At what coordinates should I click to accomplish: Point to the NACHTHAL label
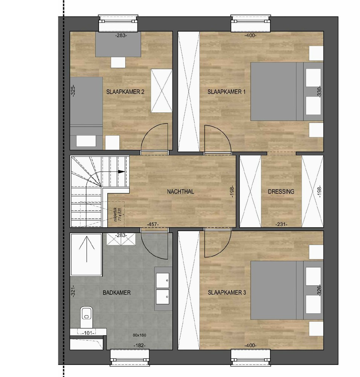point(180,192)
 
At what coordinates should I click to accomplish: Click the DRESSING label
point(281,192)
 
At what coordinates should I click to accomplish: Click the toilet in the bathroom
point(87,314)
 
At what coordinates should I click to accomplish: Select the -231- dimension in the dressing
point(281,224)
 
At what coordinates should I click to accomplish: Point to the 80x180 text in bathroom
point(139,335)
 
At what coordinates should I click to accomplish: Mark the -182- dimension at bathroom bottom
point(139,345)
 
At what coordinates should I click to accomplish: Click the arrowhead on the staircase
point(121,171)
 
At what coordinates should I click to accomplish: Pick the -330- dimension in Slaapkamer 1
point(319,92)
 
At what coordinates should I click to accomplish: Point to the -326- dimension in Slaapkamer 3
point(319,293)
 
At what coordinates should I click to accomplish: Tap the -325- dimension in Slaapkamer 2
point(74,92)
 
